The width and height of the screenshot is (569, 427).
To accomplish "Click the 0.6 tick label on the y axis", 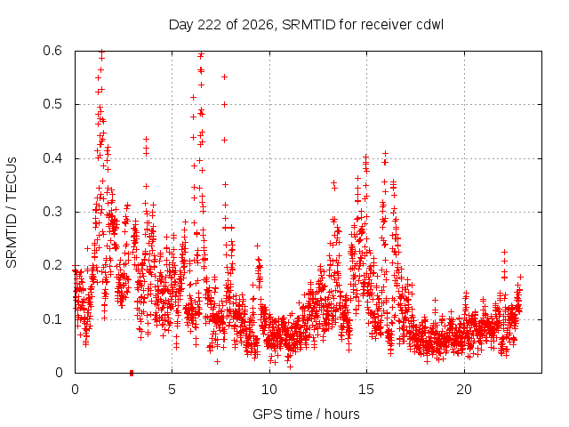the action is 52,51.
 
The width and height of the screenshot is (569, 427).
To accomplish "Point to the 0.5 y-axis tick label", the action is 52,104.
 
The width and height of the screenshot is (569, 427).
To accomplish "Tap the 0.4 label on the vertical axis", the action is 52,158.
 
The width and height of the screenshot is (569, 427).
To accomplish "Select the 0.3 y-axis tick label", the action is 52,212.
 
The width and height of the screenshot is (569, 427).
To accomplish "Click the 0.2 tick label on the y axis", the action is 52,265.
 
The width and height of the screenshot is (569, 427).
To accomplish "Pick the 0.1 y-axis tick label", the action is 52,319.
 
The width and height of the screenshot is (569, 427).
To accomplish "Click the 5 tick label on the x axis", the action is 172,390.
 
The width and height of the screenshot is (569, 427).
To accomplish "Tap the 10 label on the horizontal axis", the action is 269,390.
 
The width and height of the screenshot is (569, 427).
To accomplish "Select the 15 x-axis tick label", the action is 366,390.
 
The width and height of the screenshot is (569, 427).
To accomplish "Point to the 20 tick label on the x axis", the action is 464,390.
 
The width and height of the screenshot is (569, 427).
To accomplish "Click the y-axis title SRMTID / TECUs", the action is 12,213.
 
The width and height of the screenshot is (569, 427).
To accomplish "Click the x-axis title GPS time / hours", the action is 306,415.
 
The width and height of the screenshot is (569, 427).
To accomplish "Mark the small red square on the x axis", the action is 132,373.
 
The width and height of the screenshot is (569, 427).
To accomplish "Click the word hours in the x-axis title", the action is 341,415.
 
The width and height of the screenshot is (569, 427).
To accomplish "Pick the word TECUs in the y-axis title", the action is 12,179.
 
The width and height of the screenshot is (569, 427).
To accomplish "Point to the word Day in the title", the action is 181,25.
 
